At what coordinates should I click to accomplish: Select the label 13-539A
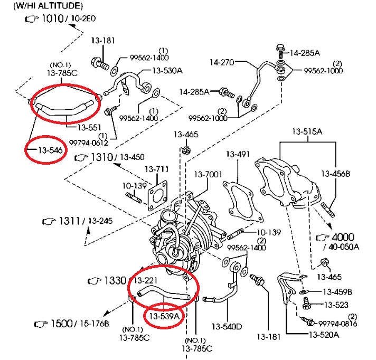pyautogui.click(x=164, y=317)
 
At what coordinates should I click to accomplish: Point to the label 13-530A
pyautogui.click(x=167, y=70)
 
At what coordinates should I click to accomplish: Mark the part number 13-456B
pyautogui.click(x=336, y=173)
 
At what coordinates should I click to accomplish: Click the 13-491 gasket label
pyautogui.click(x=238, y=155)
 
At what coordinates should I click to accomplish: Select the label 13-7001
pyautogui.click(x=208, y=174)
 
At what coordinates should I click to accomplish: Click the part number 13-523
pyautogui.click(x=334, y=305)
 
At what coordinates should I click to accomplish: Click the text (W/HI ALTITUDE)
pyautogui.click(x=48, y=6)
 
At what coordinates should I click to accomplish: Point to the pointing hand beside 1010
pyautogui.click(x=32, y=19)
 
